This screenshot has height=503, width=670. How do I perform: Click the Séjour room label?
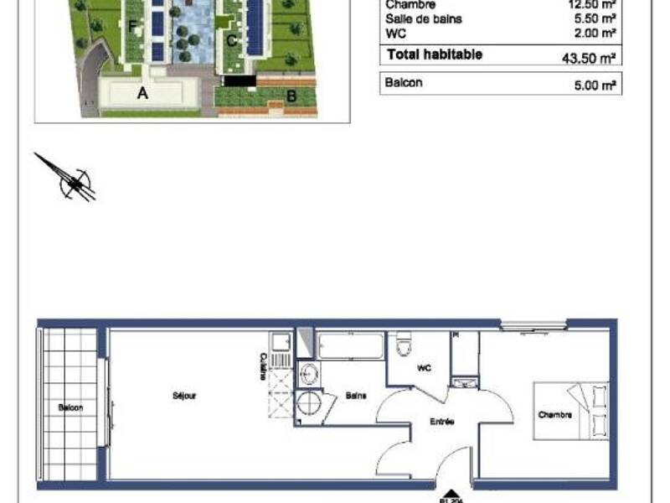184,396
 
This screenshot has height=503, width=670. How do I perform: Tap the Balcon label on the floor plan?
70,407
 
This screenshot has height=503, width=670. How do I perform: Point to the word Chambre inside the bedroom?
554,415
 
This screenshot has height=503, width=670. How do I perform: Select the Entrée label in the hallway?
443,422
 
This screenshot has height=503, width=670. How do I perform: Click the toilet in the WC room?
404,345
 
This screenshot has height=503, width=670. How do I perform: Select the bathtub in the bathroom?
350,345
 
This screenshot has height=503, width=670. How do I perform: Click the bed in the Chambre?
574,411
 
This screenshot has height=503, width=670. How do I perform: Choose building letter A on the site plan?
142,94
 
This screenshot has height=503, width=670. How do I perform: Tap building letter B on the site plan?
291,96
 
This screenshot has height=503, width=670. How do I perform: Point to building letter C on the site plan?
231,39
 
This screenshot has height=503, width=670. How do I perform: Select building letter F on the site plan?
132,26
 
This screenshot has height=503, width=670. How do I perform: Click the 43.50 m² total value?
590,59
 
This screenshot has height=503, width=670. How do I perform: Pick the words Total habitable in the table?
434,54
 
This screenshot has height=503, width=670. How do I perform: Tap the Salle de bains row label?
423,18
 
